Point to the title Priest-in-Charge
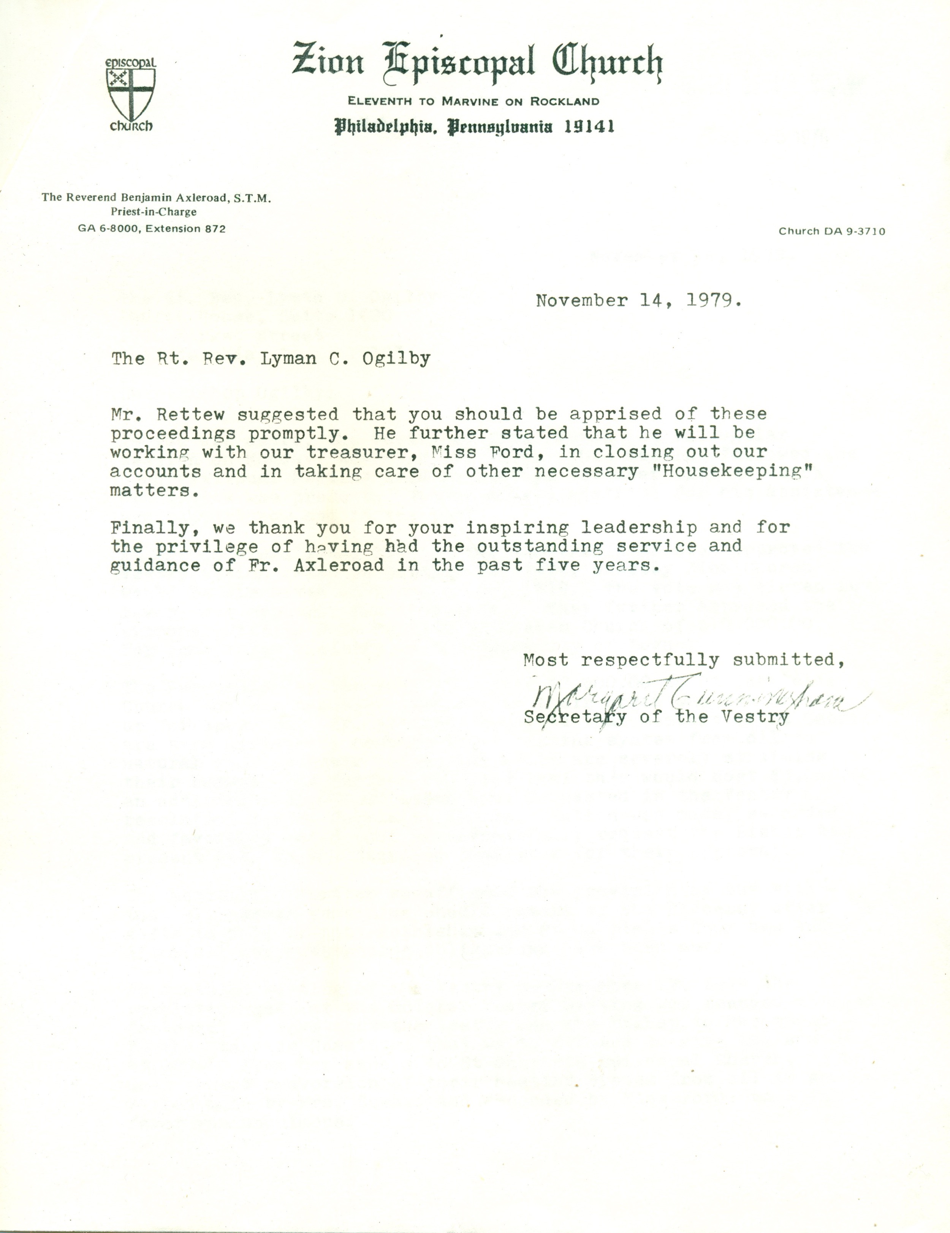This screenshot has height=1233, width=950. pos(154,212)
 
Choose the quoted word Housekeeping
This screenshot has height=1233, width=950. pos(731,471)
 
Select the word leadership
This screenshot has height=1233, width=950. pos(639,528)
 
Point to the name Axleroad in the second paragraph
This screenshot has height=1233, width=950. pos(339,565)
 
